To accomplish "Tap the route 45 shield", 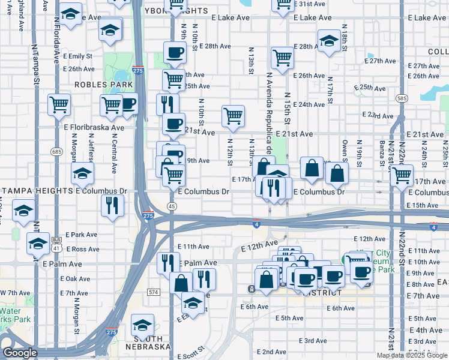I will click(172, 206).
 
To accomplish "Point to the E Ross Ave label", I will click(83, 248).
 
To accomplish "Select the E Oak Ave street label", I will click(77, 278).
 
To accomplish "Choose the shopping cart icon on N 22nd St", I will click(402, 175).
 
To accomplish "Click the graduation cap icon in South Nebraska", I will click(142, 325).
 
